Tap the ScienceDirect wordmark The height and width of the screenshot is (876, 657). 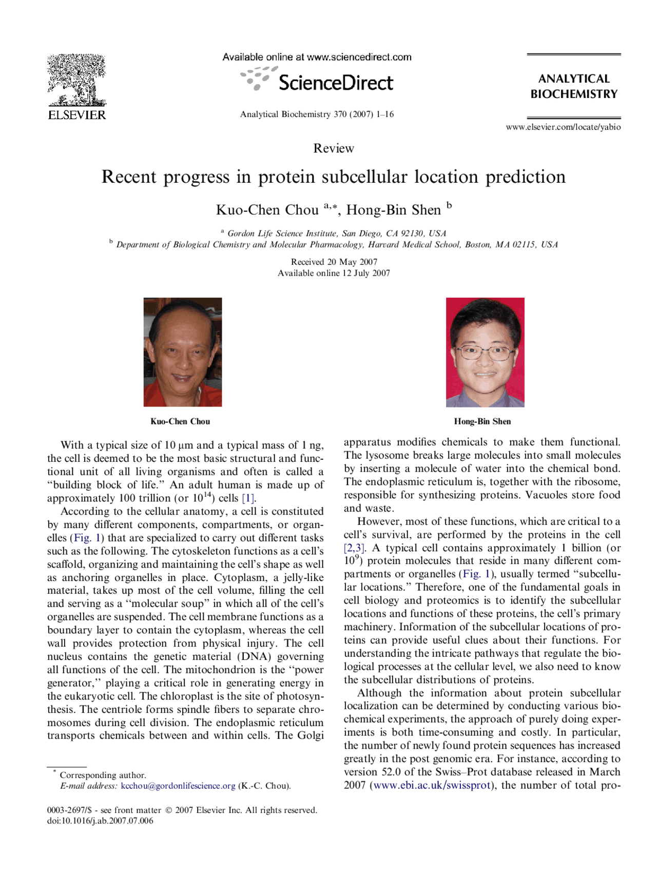coord(335,83)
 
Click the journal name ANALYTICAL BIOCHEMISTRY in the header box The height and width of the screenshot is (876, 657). coord(574,86)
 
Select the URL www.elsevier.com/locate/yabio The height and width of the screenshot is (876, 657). coord(563,127)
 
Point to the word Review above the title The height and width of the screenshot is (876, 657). coord(334,148)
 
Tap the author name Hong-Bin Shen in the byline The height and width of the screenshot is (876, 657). coord(393,210)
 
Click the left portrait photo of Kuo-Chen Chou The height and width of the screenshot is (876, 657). coord(183,352)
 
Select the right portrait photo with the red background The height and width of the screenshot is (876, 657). coord(485,352)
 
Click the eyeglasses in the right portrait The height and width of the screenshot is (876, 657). coord(485,353)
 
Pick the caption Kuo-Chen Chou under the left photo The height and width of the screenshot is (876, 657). coord(180,421)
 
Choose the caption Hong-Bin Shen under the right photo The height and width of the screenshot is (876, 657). coord(482,421)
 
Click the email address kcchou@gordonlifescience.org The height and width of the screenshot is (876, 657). coord(178,786)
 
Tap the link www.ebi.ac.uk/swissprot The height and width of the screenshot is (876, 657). coord(432,785)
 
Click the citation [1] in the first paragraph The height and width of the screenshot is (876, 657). coord(248,498)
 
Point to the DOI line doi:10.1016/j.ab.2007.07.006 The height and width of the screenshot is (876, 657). coord(100,821)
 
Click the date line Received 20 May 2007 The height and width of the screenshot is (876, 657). coord(334,262)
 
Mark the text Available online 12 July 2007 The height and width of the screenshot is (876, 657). coord(334,273)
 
